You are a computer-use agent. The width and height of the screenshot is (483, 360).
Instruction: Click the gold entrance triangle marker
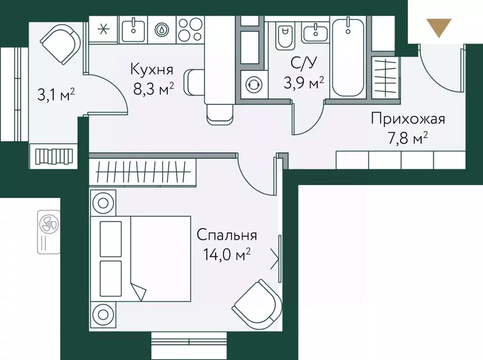439,27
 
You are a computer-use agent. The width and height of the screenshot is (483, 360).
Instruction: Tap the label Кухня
152,70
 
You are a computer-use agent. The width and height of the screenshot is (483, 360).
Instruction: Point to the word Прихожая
408,119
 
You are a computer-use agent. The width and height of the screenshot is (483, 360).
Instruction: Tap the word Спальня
227,235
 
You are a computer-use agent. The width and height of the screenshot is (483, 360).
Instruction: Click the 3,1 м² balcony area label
57,96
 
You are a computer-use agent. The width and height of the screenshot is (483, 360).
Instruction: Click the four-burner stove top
191,29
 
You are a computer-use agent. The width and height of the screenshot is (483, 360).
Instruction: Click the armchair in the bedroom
255,302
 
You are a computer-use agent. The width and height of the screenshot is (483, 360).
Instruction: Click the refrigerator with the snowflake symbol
104,29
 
